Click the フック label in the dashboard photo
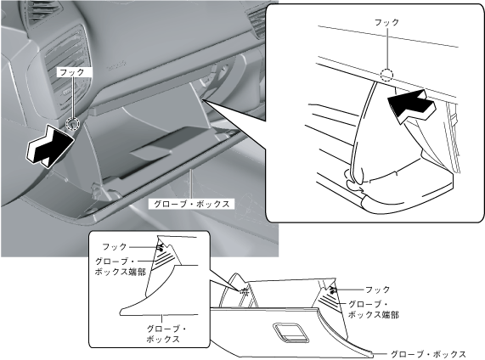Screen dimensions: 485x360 coord(71,72)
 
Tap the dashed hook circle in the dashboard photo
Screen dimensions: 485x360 coord(73,124)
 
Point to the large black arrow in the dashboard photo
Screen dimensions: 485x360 coord(50,146)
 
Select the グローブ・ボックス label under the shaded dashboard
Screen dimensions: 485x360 coord(191,204)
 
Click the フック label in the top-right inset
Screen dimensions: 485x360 coord(386,22)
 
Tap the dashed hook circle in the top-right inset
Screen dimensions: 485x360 coord(386,75)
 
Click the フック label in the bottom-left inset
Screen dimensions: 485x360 coord(115,246)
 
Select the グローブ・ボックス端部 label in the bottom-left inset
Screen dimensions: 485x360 coord(120,267)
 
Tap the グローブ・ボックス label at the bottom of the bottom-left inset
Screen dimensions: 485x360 coord(166,334)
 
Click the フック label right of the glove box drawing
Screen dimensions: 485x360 coord(378,290)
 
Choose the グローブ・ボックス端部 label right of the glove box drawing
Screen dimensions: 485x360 coord(373,309)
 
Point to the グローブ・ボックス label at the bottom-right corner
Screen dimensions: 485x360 coord(428,354)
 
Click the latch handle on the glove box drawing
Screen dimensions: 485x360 coord(290,333)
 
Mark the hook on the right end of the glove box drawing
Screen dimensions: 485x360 coord(333,290)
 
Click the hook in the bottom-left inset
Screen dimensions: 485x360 coord(160,246)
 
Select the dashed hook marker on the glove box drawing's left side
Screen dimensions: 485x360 coord(244,291)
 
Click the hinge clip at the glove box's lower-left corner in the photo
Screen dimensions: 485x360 coord(97,189)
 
